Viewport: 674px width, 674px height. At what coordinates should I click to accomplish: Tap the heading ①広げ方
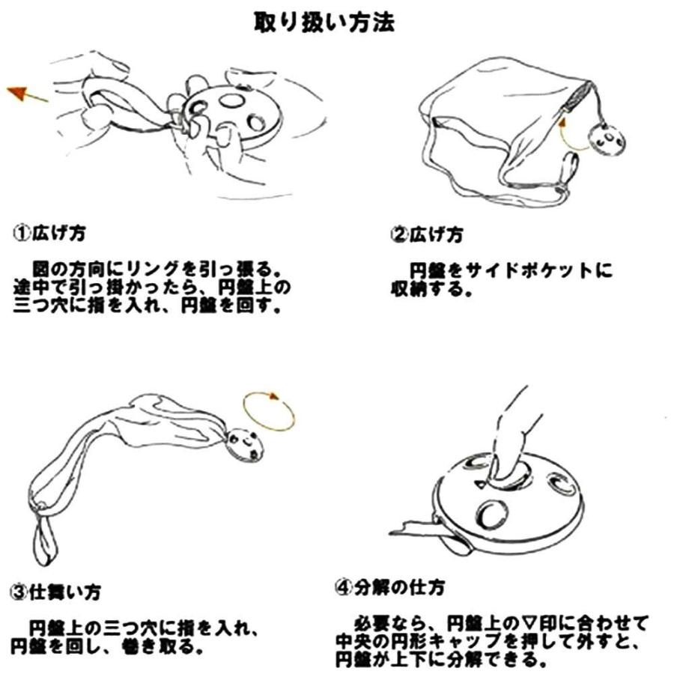(48, 233)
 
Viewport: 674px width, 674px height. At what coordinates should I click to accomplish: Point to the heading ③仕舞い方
(55, 592)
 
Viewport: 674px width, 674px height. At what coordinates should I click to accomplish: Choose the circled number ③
(17, 593)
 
